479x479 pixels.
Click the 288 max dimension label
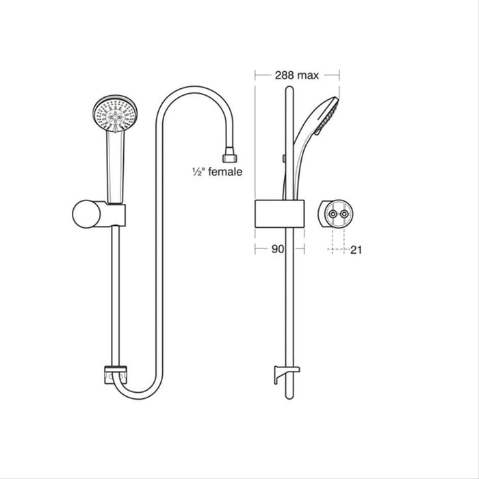point(296,76)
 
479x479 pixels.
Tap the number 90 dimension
point(276,250)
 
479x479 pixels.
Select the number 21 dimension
point(356,250)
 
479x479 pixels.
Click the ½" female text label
point(217,172)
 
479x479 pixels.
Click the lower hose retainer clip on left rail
point(114,376)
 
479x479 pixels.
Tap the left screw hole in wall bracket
point(333,213)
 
